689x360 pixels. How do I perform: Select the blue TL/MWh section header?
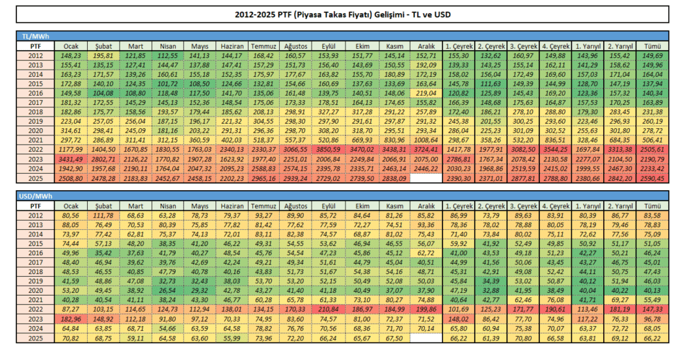point(342,36)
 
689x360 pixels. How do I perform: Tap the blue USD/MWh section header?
point(342,196)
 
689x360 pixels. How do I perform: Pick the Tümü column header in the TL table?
point(654,47)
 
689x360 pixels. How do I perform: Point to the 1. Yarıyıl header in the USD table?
point(588,206)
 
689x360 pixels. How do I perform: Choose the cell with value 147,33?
point(654,308)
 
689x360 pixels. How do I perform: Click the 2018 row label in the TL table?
point(35,111)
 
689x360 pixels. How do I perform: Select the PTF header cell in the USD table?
point(35,206)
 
